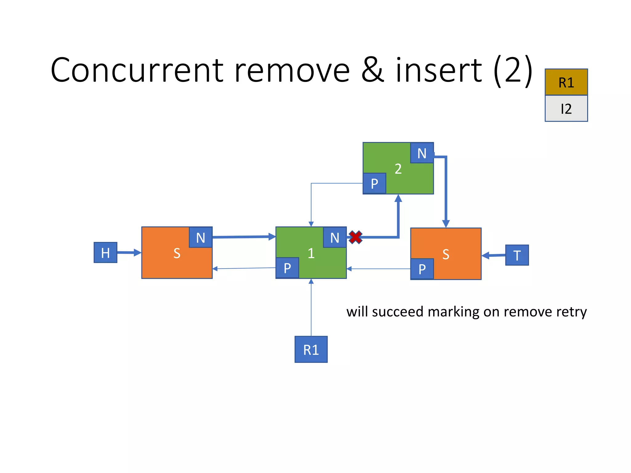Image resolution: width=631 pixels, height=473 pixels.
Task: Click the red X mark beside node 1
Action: pyautogui.click(x=356, y=237)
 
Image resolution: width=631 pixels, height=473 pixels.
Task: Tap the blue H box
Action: pyautogui.click(x=105, y=253)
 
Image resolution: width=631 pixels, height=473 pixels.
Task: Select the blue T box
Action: pyautogui.click(x=517, y=255)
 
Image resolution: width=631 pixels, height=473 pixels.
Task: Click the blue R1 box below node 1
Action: pyautogui.click(x=311, y=350)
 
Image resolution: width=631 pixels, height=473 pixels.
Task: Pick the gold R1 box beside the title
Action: pyautogui.click(x=566, y=82)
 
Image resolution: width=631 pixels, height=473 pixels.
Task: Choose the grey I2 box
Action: pyautogui.click(x=566, y=109)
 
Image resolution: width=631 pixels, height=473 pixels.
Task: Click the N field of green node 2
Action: pyautogui.click(x=422, y=153)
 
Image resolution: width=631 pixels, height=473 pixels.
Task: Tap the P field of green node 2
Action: pyautogui.click(x=374, y=184)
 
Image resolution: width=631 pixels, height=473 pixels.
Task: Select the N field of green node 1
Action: pyautogui.click(x=335, y=237)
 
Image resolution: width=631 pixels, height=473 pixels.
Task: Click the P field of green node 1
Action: pyautogui.click(x=287, y=268)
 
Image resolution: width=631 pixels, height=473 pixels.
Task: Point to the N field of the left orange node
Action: pyautogui.click(x=201, y=237)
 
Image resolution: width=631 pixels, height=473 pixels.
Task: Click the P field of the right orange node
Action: pyautogui.click(x=422, y=269)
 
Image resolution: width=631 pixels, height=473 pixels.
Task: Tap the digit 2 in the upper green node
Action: pyautogui.click(x=398, y=169)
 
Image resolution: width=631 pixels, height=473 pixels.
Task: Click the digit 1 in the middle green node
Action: pyautogui.click(x=311, y=253)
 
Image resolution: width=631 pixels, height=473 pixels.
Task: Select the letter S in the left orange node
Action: pyautogui.click(x=177, y=253)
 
